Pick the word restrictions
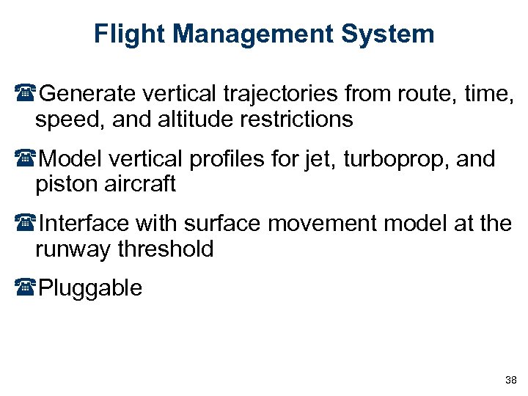point(301,119)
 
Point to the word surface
point(218,224)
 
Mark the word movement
point(326,224)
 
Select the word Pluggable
point(90,288)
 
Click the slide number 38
point(511,380)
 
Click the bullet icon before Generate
point(29,94)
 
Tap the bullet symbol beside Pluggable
point(29,288)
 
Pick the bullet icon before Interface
point(29,224)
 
